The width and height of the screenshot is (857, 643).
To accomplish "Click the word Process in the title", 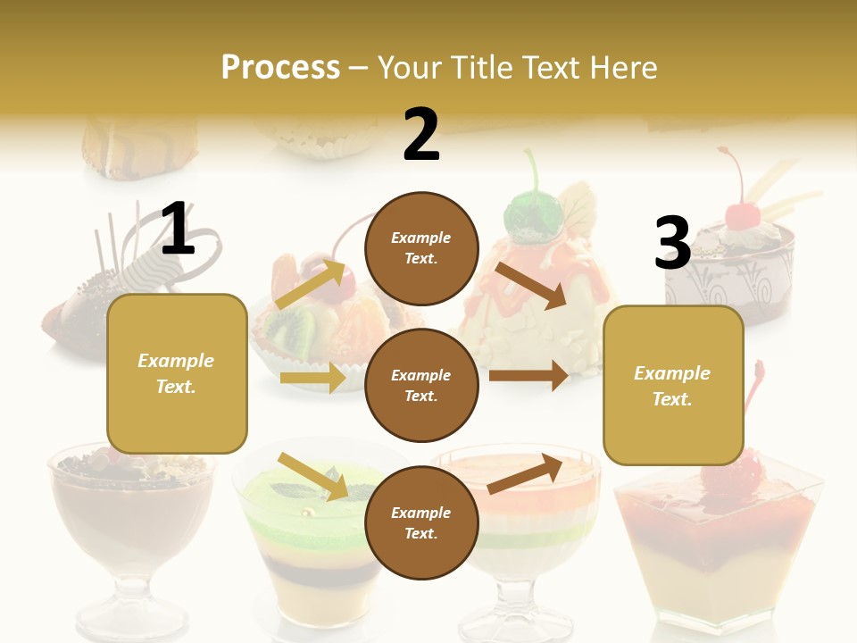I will click(280, 68).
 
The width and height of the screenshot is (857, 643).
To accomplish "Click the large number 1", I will click(178, 229).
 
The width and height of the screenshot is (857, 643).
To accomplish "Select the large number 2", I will click(421, 135).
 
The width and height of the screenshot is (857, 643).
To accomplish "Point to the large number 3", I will click(672, 243).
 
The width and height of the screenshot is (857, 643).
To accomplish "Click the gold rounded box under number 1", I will click(177, 373).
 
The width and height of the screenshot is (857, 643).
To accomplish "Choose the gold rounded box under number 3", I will click(673, 385).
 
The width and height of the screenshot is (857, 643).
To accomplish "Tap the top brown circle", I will click(421, 248).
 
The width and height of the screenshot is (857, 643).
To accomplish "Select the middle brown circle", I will click(421, 385).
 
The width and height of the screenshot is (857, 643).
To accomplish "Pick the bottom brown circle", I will click(421, 522).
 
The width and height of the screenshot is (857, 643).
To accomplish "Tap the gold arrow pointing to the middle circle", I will click(312, 378).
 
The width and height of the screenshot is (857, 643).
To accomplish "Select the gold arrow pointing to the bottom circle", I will click(312, 476).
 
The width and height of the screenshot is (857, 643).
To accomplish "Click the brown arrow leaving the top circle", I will click(531, 285).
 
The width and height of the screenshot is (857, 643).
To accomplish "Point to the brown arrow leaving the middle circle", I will click(528, 376).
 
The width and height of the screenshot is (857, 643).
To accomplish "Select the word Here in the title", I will click(621, 68).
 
